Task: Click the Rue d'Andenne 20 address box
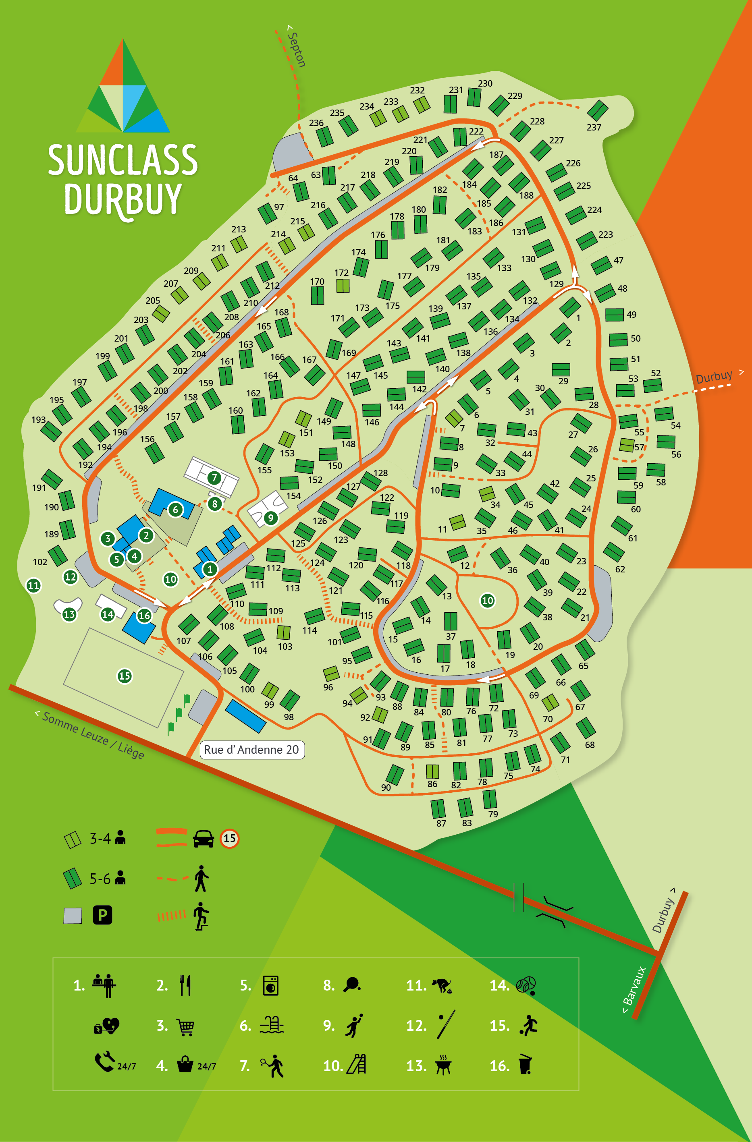tap(251, 750)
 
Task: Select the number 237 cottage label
tap(594, 127)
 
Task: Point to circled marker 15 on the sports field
tap(124, 676)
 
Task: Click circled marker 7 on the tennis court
tap(214, 477)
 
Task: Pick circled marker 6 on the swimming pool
tap(175, 510)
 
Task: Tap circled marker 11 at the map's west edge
tap(33, 585)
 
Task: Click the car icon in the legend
tap(203, 839)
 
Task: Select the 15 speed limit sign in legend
tap(229, 839)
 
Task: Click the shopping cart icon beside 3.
tap(186, 1027)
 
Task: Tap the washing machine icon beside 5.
tap(271, 986)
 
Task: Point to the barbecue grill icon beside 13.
tap(443, 1066)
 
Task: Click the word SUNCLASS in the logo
tap(123, 160)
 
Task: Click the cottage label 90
tap(386, 788)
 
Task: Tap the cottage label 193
tap(38, 420)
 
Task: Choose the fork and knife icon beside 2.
tap(185, 986)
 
